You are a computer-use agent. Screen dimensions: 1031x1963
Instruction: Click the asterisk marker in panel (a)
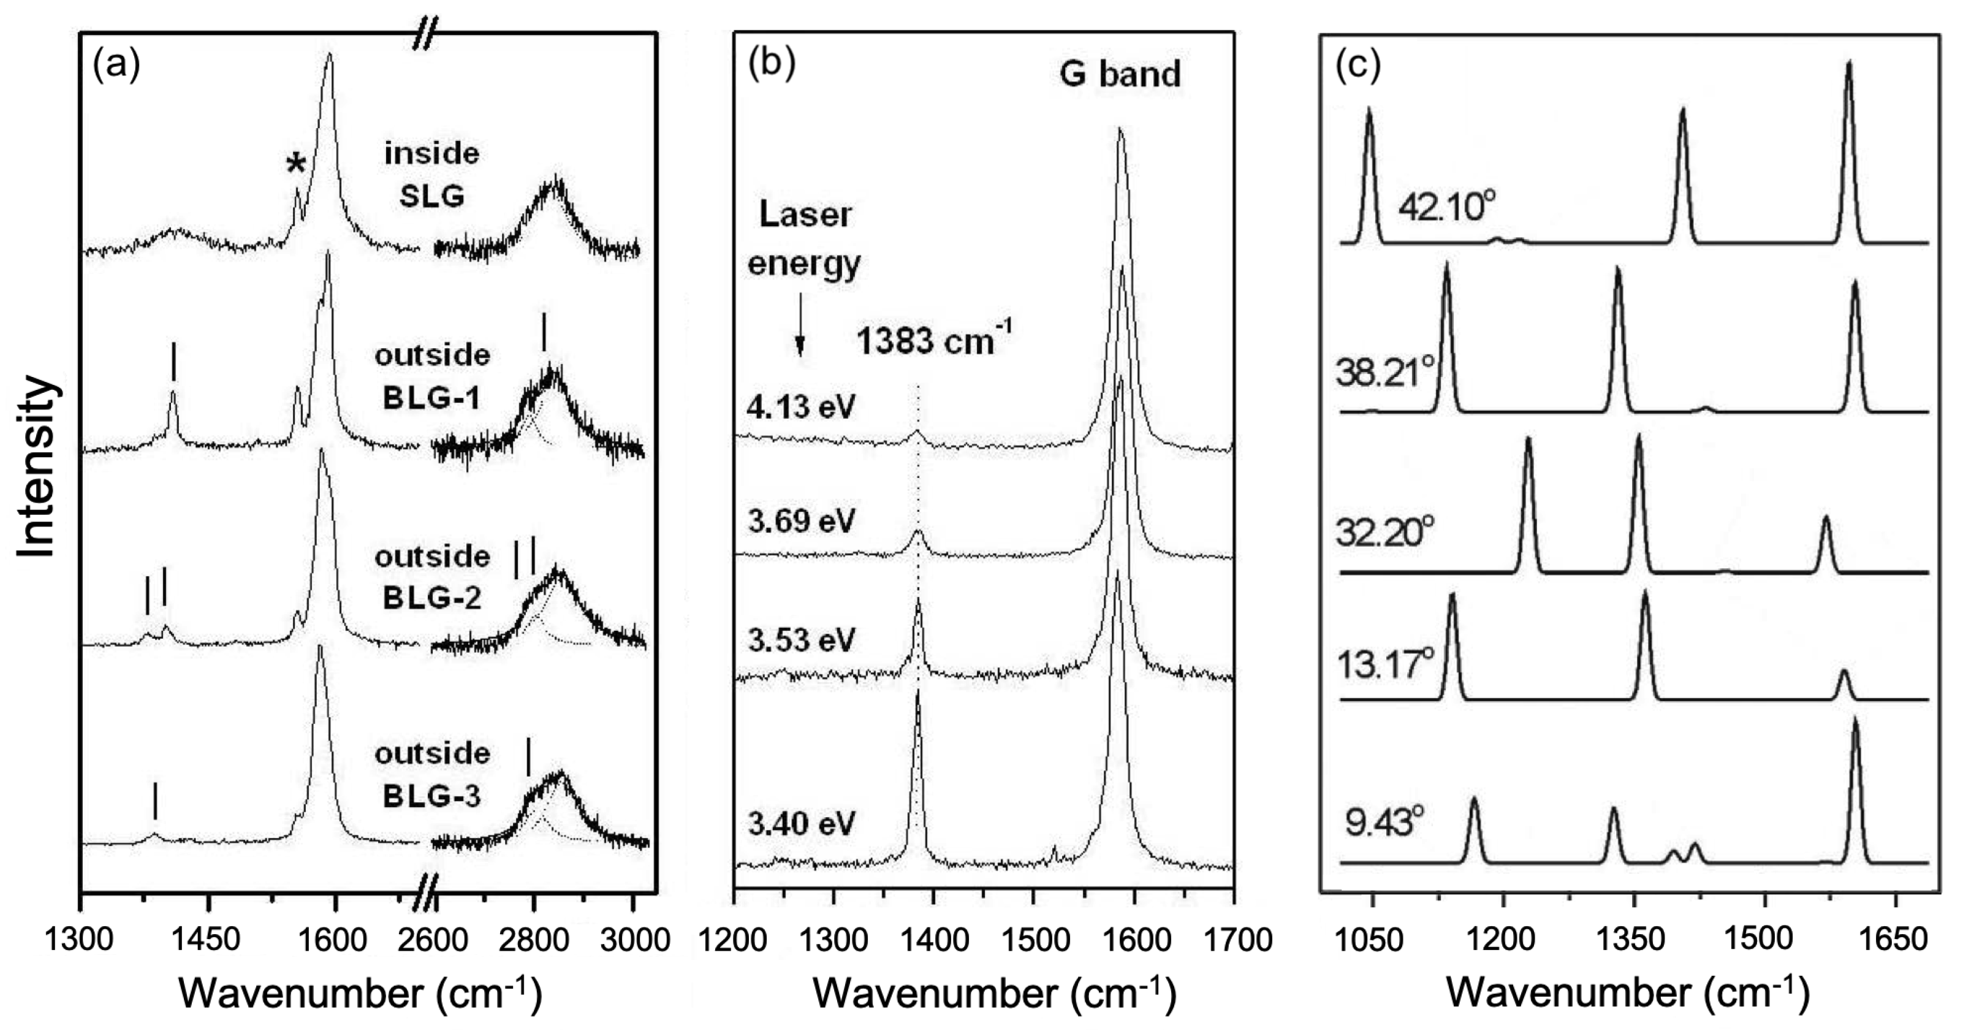(295, 164)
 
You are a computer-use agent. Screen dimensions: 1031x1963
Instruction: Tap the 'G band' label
(1120, 74)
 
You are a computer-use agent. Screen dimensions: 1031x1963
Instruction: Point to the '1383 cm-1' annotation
(934, 339)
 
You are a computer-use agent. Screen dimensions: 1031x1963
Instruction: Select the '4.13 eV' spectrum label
(801, 407)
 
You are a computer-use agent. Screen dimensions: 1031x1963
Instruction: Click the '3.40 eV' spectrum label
(802, 824)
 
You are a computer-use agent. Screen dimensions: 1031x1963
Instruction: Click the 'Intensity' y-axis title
(37, 466)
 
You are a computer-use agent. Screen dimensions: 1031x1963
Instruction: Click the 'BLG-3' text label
(431, 796)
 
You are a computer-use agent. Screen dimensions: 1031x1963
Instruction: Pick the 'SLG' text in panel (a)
(432, 197)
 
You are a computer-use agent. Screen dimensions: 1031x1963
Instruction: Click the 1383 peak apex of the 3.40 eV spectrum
(917, 692)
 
